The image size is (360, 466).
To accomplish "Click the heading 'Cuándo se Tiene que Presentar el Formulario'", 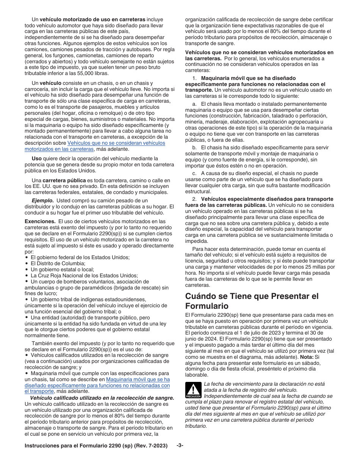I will pyautogui.click(x=252, y=301).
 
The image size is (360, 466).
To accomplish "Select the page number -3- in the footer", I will pyautogui.click(x=180, y=446).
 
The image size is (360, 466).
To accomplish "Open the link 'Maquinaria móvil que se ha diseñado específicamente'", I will pyautogui.click(x=138, y=379).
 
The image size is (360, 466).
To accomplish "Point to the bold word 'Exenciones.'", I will pyautogui.click(x=40, y=221).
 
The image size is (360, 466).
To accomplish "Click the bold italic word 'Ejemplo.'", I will pyautogui.click(x=42, y=200).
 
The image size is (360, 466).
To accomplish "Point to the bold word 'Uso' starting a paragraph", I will pyautogui.click(x=37, y=158).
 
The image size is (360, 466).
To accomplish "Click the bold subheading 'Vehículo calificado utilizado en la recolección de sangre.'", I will pyautogui.click(x=102, y=398).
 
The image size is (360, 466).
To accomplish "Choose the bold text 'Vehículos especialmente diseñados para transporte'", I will pyautogui.click(x=267, y=199).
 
